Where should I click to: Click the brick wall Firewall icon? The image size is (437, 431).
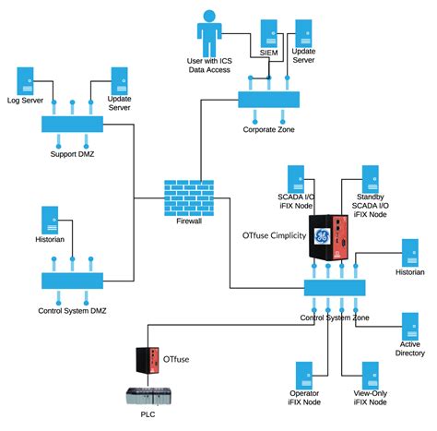pyautogui.click(x=189, y=197)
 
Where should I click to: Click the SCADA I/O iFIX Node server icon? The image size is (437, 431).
pyautogui.click(x=297, y=178)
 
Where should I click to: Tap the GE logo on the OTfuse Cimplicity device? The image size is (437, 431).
pyautogui.click(x=322, y=237)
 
